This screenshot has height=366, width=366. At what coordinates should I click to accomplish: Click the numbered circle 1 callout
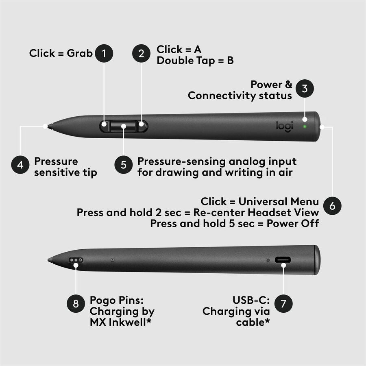pos(104,53)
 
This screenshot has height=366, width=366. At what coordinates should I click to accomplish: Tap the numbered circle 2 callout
pos(141,53)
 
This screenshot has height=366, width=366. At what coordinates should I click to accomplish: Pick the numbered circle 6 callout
pos(332,206)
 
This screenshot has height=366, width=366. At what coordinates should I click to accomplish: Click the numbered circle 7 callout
pos(283,303)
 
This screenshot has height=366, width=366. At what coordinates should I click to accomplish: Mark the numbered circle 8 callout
pos(76,303)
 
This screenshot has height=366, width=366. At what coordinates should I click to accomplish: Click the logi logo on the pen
pos(285,126)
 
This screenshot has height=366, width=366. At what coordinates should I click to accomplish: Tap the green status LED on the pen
pos(305,126)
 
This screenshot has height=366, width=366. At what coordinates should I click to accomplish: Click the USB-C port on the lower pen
pos(283,260)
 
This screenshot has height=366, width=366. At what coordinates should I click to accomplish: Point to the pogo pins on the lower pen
pos(76,259)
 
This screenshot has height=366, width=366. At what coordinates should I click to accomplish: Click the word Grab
pos(80,53)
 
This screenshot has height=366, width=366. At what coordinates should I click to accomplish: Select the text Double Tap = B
pos(195,61)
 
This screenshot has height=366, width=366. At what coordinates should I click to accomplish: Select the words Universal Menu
pos(279,201)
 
